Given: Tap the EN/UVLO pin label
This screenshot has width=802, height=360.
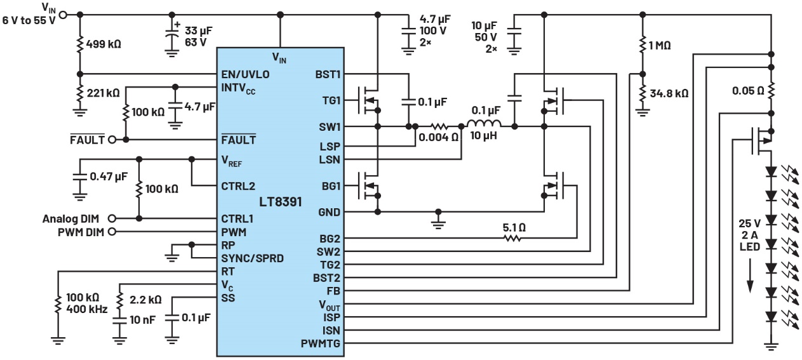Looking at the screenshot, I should pos(246,75).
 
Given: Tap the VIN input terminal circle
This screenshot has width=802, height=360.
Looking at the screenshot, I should pos(62,14).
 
